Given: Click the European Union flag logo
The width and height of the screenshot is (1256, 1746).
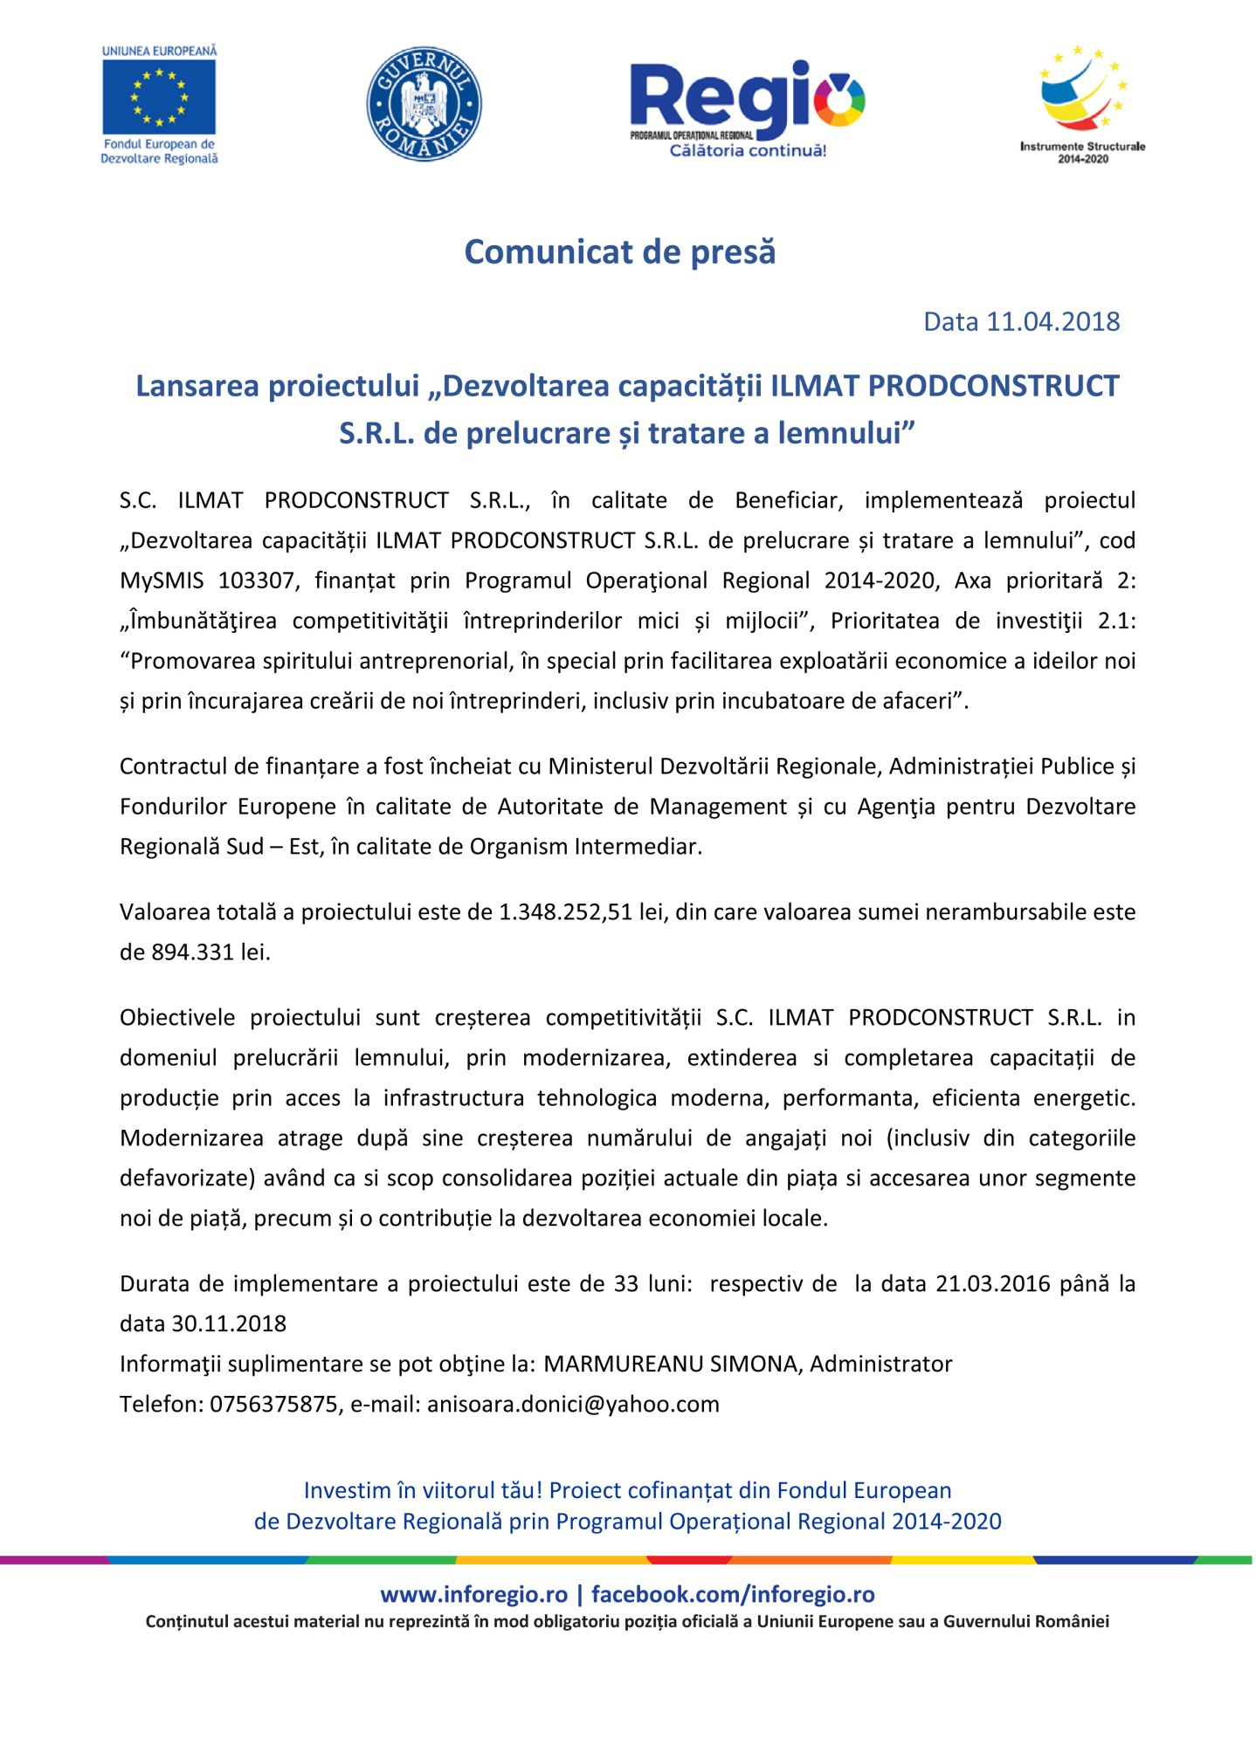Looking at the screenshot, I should [x=159, y=98].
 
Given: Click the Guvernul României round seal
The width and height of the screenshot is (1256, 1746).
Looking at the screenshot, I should [x=424, y=104].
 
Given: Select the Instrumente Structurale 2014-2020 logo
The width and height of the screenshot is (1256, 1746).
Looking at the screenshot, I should [x=1082, y=103].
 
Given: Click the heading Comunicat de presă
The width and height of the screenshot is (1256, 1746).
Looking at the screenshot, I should [x=619, y=251].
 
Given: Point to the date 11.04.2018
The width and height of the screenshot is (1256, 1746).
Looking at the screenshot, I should [x=1052, y=321].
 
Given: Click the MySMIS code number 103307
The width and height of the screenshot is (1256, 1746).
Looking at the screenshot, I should [x=256, y=581].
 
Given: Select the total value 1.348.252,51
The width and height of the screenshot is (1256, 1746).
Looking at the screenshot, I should [x=565, y=911].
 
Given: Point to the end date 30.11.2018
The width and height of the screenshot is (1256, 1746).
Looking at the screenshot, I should [x=229, y=1323].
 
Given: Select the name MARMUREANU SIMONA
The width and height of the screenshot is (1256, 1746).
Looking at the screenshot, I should [x=671, y=1364].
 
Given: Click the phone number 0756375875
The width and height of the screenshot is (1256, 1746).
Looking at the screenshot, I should [x=273, y=1404].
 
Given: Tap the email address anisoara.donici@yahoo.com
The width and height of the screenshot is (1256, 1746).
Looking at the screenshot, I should [x=573, y=1404].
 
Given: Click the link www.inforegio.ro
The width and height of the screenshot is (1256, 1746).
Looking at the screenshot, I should [x=474, y=1594].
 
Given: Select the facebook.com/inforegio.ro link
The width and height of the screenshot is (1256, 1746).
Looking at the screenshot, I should [x=733, y=1594].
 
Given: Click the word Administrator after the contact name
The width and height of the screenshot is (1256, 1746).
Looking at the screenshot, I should [x=881, y=1364].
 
